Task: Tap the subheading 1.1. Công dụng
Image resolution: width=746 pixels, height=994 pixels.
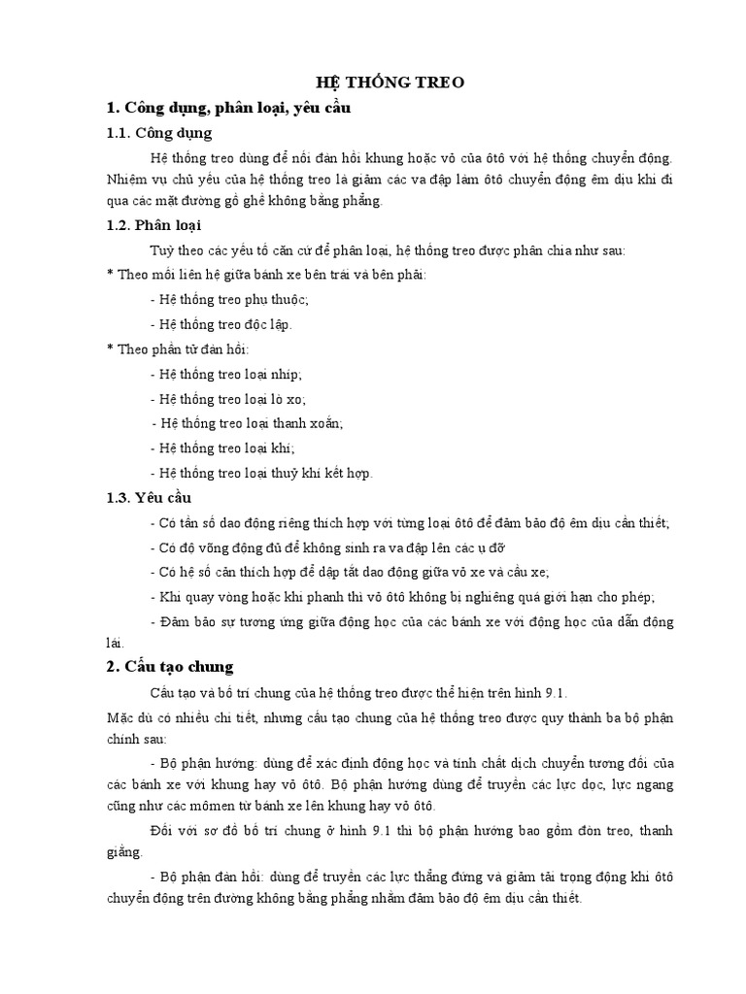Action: [158, 132]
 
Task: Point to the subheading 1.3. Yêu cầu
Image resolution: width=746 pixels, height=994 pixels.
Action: [149, 497]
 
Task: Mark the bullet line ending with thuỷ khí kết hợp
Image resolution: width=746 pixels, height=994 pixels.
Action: [261, 473]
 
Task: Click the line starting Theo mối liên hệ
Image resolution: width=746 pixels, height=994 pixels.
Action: [265, 274]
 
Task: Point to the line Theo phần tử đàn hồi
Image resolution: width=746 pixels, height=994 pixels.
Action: [182, 348]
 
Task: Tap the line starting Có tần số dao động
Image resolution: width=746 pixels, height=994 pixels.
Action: [409, 522]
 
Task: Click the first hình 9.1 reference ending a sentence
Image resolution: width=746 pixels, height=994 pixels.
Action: [559, 692]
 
